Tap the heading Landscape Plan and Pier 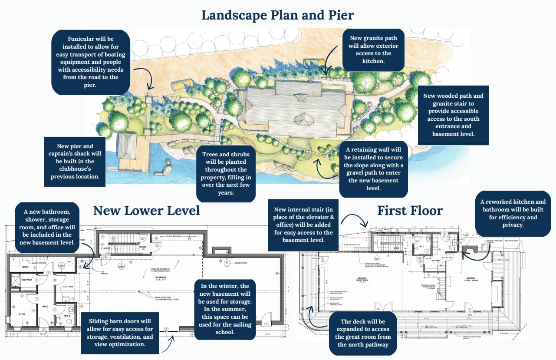point(278,15)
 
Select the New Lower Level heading point(146,211)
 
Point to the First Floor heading point(410,211)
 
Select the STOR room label point(22,314)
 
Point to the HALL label point(45,306)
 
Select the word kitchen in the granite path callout point(374,61)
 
